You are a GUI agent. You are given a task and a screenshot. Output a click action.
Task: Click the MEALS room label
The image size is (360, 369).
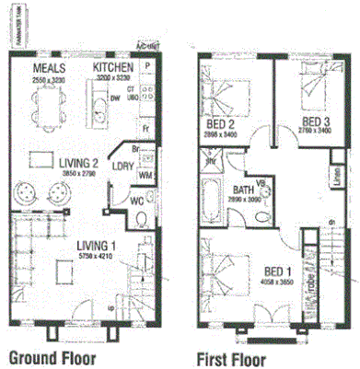coord(49,69)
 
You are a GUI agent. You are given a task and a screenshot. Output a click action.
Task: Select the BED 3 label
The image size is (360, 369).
coord(316,122)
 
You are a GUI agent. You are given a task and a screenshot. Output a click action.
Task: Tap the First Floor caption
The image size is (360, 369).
coord(231,358)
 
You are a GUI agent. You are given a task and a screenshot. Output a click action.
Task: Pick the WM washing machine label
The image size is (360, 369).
coord(144,174)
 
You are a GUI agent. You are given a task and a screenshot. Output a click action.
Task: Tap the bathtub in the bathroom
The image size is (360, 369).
coord(211,201)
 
